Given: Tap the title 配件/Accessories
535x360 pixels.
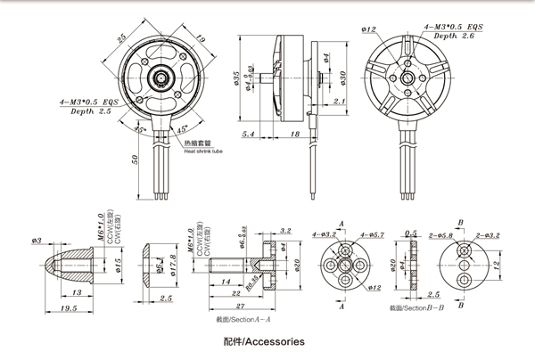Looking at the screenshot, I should (266, 341).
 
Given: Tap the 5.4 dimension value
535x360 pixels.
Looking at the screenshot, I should (250, 135).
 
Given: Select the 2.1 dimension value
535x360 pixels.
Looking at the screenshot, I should (339, 102).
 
